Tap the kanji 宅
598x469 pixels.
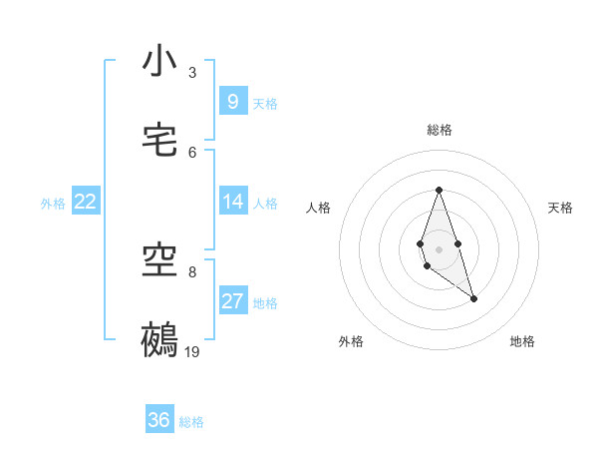tap(159, 141)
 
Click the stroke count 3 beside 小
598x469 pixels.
tap(192, 72)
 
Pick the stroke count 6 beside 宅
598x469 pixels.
tap(192, 152)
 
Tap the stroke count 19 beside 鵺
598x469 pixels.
tap(192, 351)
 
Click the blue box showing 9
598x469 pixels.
tap(233, 101)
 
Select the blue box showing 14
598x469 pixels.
tap(233, 202)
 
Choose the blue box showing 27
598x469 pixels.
tap(233, 301)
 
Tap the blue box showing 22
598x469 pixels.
tap(86, 202)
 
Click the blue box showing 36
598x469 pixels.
tap(159, 420)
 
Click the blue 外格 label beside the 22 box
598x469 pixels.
tap(53, 203)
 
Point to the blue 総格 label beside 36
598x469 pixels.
tap(191, 421)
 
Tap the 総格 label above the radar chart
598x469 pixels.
tap(440, 130)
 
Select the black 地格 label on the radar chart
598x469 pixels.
tap(522, 341)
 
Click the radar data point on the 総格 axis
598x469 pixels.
tap(439, 190)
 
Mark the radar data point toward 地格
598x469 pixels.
tap(473, 298)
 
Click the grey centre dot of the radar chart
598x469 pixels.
tap(439, 248)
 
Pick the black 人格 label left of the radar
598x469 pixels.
tap(319, 208)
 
